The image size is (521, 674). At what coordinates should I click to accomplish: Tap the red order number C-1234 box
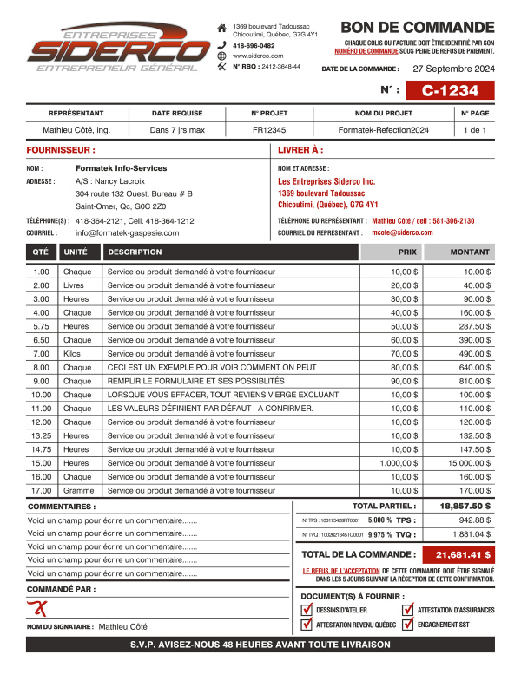(451, 90)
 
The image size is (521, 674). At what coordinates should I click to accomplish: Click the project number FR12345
(269, 130)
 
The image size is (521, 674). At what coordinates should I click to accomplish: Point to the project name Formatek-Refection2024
(384, 130)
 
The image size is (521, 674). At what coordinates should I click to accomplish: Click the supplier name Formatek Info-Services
(122, 167)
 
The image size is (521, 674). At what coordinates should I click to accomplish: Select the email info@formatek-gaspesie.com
(128, 232)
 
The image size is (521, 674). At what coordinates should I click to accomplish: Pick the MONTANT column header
(470, 252)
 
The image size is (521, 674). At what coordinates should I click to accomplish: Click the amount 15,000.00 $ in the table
(470, 463)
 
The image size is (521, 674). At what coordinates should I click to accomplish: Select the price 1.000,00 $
(399, 463)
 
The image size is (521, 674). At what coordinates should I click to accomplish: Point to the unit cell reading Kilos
(74, 354)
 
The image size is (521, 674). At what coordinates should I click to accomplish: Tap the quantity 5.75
(41, 326)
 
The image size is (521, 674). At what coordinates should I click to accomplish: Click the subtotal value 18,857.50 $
(465, 506)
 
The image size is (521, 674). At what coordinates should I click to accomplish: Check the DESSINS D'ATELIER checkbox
(307, 610)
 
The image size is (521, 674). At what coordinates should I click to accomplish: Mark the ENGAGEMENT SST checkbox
(408, 624)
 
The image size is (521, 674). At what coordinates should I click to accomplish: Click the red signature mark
(37, 607)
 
